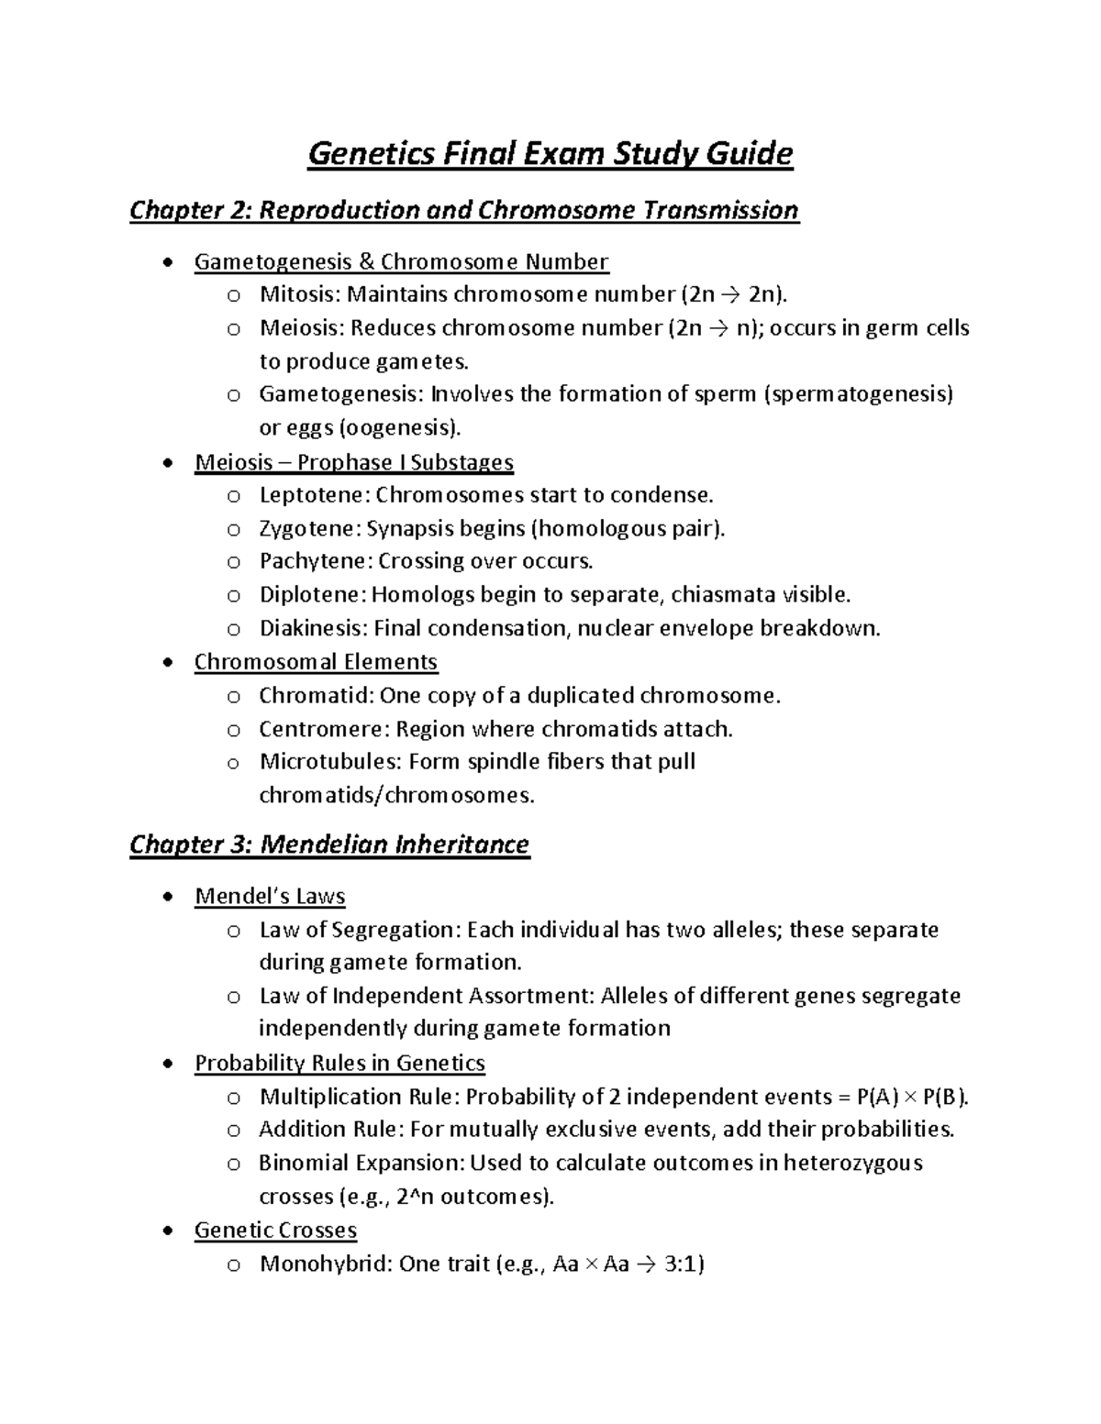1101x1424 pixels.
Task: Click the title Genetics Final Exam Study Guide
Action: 550,153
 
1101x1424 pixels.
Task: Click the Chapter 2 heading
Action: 463,210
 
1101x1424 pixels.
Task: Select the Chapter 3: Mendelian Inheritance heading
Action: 328,844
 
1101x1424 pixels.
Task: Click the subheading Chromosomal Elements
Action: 316,662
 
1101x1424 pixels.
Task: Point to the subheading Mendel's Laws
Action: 270,896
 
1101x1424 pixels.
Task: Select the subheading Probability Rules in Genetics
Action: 339,1063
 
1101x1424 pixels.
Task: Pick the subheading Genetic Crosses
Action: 275,1231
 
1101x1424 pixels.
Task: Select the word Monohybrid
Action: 325,1264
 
